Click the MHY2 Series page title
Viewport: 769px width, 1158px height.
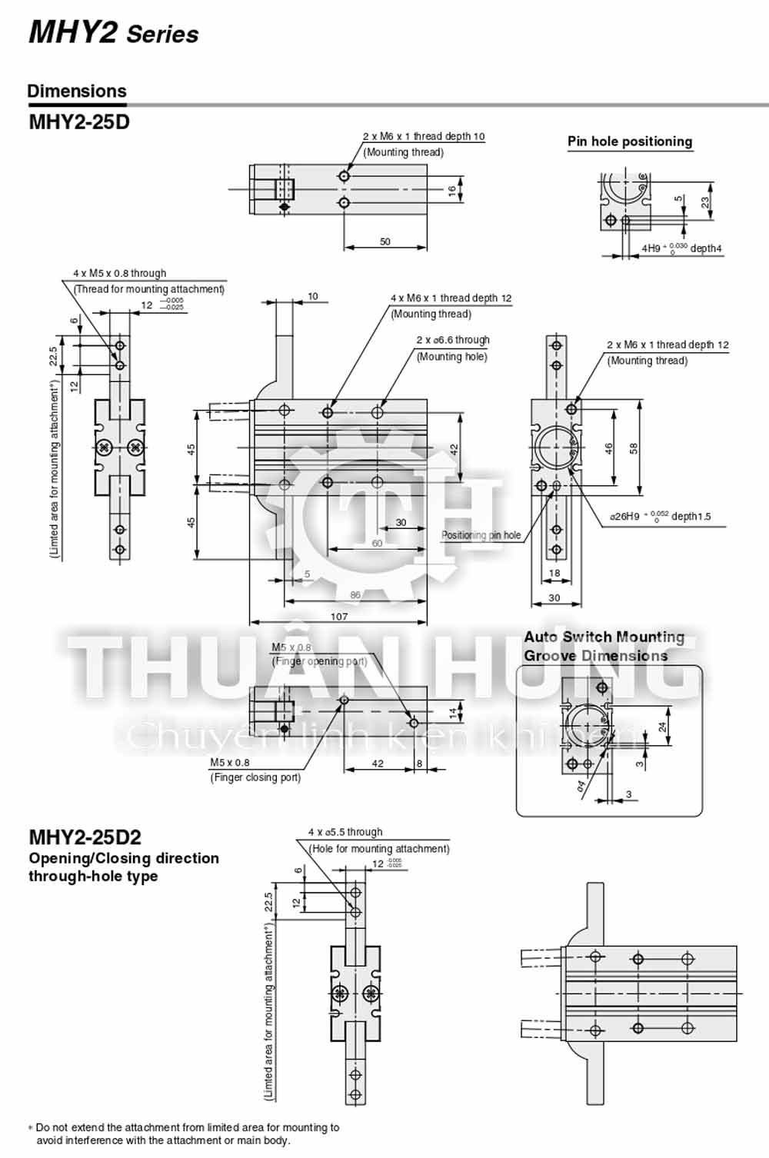click(x=113, y=32)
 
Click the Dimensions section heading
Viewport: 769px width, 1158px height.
click(x=76, y=92)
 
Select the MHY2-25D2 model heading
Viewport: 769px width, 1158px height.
click(x=85, y=837)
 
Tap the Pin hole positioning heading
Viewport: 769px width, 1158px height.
click(x=629, y=141)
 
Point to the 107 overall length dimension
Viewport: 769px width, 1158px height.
click(x=338, y=616)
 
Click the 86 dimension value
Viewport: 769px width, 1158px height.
click(x=355, y=594)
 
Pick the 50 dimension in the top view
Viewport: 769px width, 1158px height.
click(x=385, y=241)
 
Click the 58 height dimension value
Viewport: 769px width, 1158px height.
click(x=634, y=448)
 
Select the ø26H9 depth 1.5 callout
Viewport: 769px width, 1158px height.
click(x=660, y=517)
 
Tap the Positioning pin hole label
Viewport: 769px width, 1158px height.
click(x=481, y=535)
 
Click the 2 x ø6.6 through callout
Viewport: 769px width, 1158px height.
click(x=452, y=340)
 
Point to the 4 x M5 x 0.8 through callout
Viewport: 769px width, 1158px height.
click(x=119, y=273)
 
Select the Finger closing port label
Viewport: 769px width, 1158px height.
click(x=255, y=777)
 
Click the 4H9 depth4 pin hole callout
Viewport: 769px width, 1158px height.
click(x=681, y=248)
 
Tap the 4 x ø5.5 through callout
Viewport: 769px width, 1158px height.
click(x=345, y=832)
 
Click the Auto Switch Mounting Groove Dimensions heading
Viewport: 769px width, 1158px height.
click(x=604, y=646)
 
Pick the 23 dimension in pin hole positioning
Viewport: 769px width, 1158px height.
click(x=705, y=201)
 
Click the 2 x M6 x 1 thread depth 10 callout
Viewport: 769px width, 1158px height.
click(x=424, y=136)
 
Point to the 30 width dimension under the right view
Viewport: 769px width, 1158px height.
click(x=554, y=597)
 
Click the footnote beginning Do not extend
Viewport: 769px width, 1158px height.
click(x=185, y=1133)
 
